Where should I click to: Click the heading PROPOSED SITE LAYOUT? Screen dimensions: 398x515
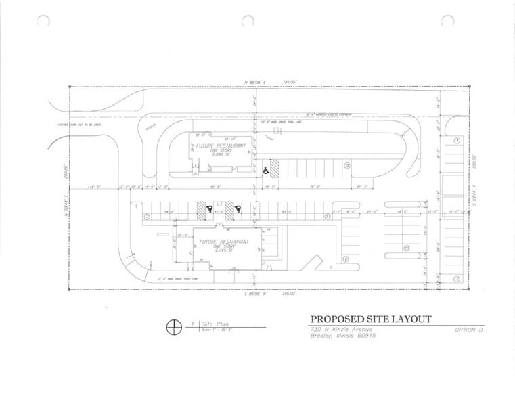[x=370, y=319]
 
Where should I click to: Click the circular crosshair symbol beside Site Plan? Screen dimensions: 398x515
[x=174, y=326]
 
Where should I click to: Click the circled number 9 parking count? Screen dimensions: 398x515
[x=346, y=164]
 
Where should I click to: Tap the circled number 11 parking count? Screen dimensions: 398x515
[x=326, y=217]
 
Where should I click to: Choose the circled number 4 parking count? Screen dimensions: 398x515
[x=457, y=141]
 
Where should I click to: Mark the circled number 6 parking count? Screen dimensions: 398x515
[x=345, y=259]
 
